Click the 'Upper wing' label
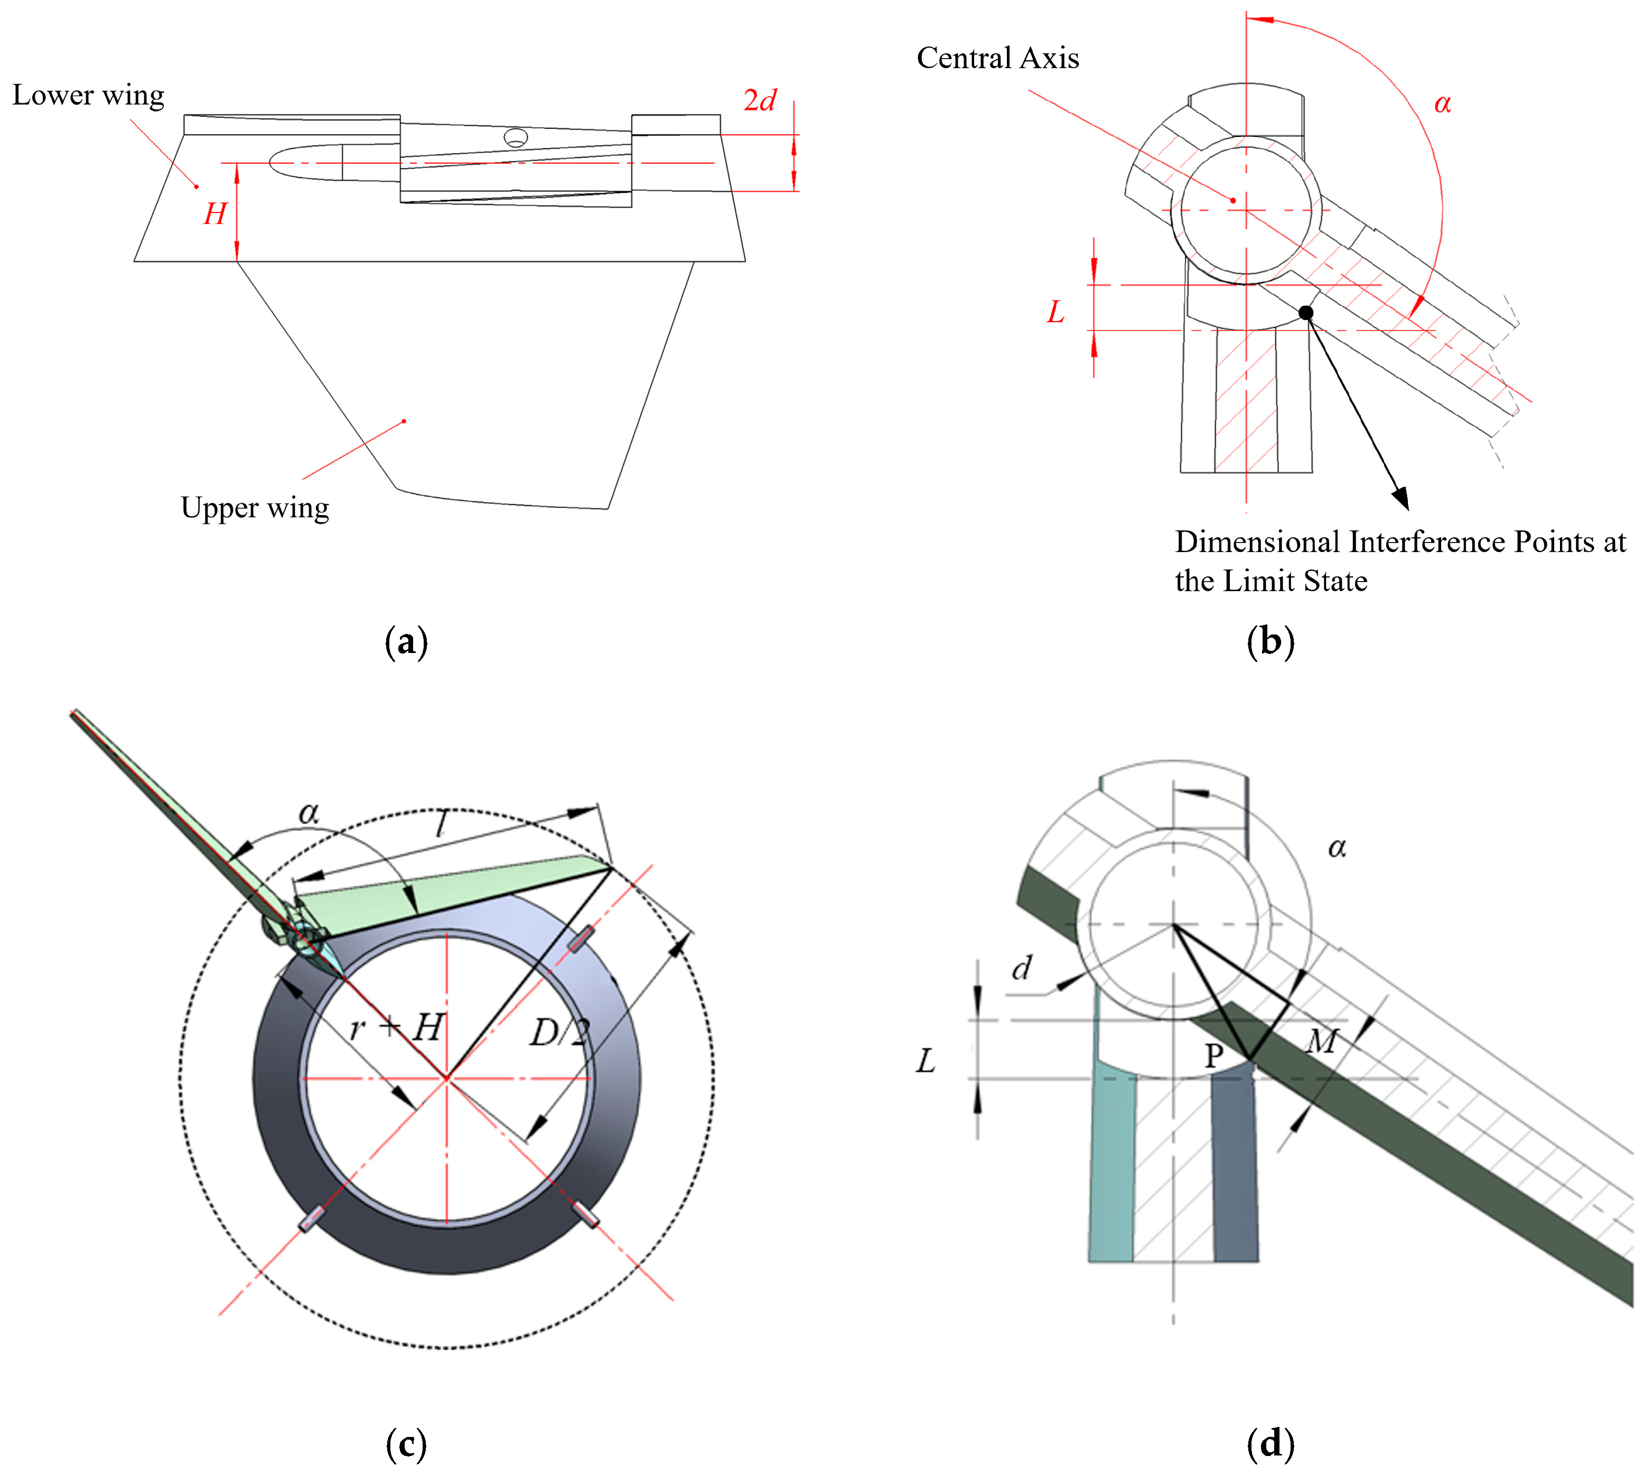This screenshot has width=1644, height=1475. (x=255, y=508)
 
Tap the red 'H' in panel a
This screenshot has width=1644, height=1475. (x=214, y=214)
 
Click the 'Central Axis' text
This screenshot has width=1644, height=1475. (x=997, y=58)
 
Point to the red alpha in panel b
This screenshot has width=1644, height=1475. (x=1442, y=104)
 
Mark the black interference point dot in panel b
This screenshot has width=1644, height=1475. (x=1305, y=313)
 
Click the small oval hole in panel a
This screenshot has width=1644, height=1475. (x=515, y=137)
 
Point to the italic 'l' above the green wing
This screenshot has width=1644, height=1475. (x=440, y=824)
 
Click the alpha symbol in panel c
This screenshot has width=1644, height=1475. (x=309, y=811)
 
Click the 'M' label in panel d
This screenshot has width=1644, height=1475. (x=1322, y=1041)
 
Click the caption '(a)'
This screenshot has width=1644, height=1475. (x=406, y=642)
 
